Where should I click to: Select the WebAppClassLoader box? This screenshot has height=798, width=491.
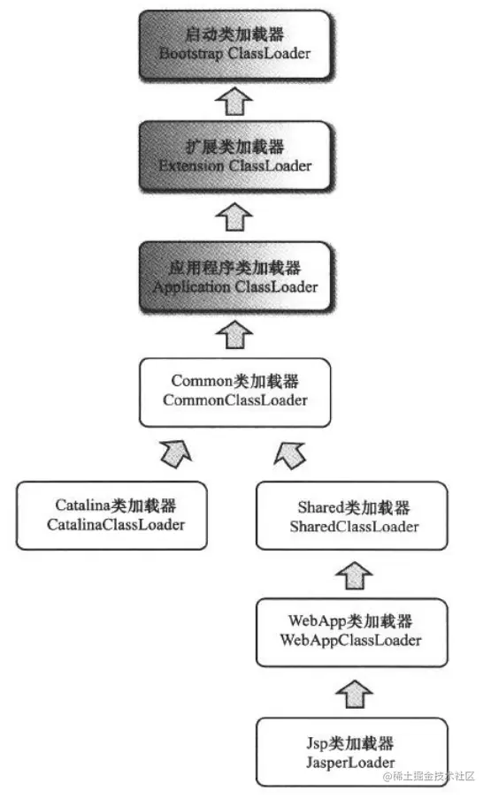point(350,632)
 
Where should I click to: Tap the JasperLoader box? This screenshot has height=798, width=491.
point(350,751)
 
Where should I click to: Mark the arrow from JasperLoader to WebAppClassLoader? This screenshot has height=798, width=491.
point(350,693)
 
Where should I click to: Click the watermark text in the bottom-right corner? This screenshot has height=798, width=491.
point(429,776)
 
